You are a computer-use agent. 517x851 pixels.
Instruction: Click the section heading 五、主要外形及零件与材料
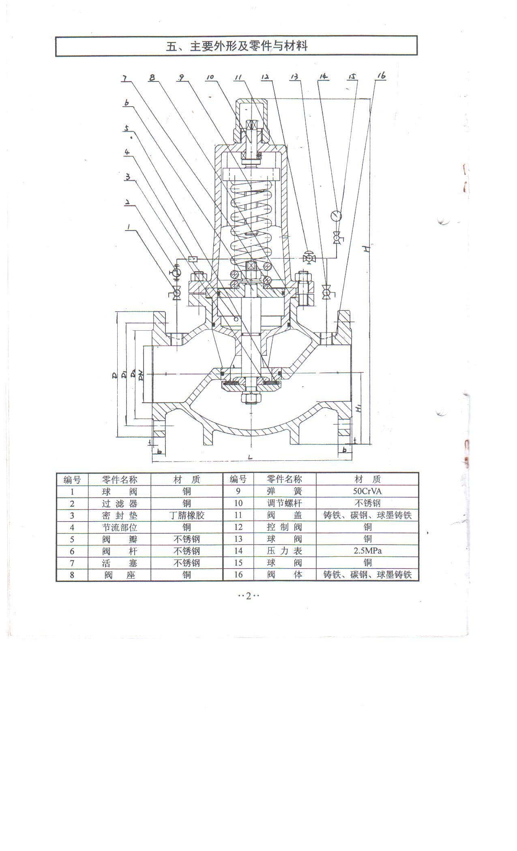(x=237, y=46)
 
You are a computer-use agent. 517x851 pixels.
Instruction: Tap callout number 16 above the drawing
(x=381, y=75)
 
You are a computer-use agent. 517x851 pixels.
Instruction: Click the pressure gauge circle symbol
(x=336, y=216)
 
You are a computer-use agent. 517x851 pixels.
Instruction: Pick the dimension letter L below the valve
(x=250, y=457)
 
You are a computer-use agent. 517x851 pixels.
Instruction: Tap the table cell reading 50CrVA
(x=367, y=492)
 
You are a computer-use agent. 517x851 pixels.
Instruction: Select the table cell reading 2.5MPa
(x=367, y=551)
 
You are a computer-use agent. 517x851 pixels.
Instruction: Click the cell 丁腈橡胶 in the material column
(x=187, y=515)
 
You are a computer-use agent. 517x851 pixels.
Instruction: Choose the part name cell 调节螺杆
(x=285, y=503)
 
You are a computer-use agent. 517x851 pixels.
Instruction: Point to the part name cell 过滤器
(x=120, y=503)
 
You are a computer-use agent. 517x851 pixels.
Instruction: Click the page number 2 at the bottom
(x=249, y=595)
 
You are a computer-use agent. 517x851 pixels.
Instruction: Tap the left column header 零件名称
(x=120, y=480)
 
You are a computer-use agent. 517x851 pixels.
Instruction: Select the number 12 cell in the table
(x=238, y=527)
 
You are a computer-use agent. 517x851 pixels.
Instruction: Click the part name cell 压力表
(x=285, y=551)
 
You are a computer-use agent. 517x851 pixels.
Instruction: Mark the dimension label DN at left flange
(x=140, y=376)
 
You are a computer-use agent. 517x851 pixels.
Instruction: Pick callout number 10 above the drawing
(x=210, y=77)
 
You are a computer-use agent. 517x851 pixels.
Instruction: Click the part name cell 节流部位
(x=120, y=527)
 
